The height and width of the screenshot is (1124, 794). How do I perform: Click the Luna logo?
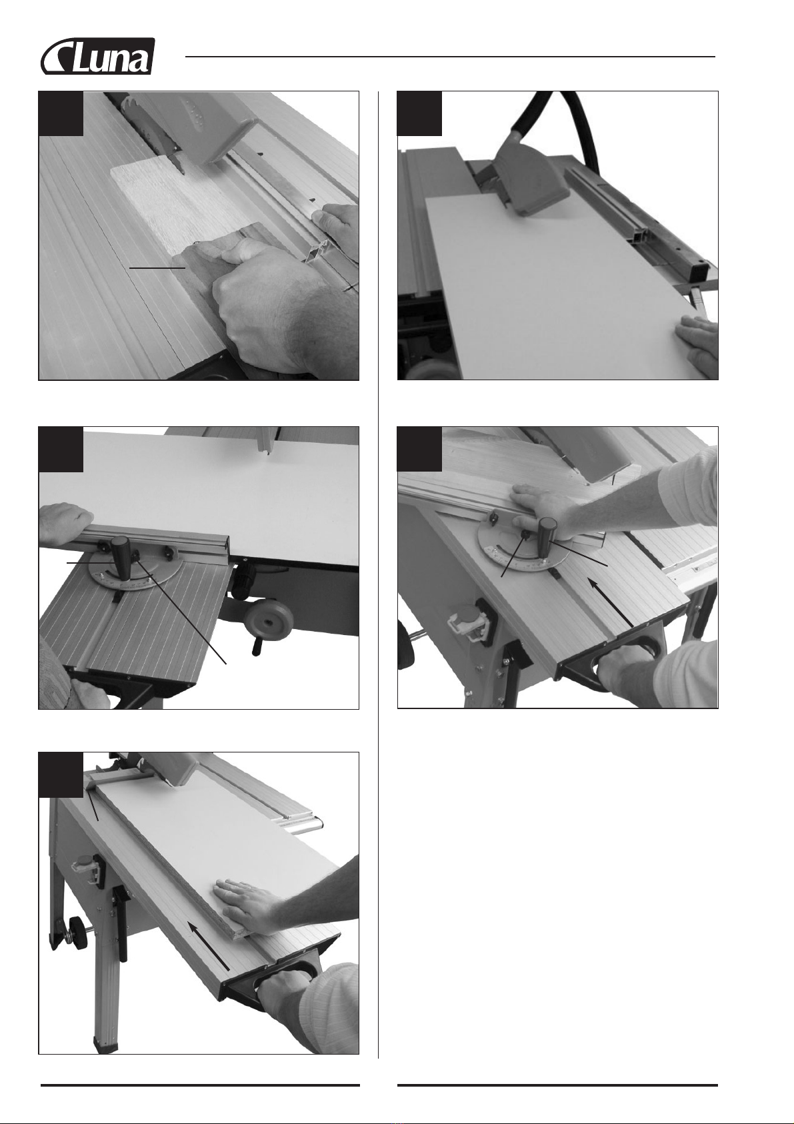[97, 56]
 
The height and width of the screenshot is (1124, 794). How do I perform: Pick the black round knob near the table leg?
[75, 925]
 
